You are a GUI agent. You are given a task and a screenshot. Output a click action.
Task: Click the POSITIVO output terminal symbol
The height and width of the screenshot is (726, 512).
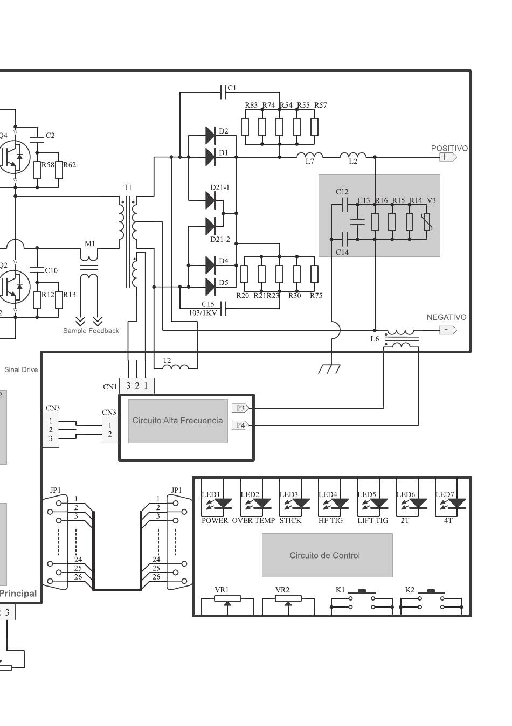pos(448,157)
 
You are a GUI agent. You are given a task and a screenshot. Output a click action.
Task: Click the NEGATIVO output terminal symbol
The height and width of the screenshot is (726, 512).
pos(448,330)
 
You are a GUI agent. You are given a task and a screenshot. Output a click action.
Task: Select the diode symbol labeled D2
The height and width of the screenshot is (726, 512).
pos(211,136)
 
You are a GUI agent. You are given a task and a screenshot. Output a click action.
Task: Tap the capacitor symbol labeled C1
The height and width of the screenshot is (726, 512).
pos(223,92)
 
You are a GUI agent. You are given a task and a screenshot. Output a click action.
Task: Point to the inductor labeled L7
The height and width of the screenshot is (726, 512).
pos(310,155)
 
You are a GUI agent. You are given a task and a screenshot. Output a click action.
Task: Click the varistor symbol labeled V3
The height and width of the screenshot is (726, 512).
pos(427,222)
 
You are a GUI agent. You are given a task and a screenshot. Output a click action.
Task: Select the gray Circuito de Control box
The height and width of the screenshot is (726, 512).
pos(327,555)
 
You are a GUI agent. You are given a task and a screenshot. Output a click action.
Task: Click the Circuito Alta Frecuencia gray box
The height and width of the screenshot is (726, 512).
pos(178,421)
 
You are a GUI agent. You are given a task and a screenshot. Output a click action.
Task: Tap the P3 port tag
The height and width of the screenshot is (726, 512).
pos(240,408)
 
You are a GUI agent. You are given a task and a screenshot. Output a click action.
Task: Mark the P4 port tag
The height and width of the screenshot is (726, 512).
pos(240,425)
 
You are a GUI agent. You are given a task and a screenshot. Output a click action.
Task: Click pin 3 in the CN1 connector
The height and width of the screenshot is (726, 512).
pos(128,386)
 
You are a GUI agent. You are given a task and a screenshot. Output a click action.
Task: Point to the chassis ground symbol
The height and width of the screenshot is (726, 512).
pos(329,368)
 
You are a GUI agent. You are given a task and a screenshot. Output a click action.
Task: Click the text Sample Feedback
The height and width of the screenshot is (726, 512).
pos(91,331)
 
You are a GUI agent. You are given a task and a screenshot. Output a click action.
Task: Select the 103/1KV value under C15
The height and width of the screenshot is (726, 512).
pos(203,313)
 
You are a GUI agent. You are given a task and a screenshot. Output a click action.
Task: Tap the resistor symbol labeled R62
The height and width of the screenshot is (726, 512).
pos(59,170)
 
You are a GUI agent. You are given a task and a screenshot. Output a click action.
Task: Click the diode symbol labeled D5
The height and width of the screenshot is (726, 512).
pos(211,287)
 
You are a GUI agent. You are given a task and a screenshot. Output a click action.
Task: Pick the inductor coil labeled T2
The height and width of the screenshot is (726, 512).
pos(175,367)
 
